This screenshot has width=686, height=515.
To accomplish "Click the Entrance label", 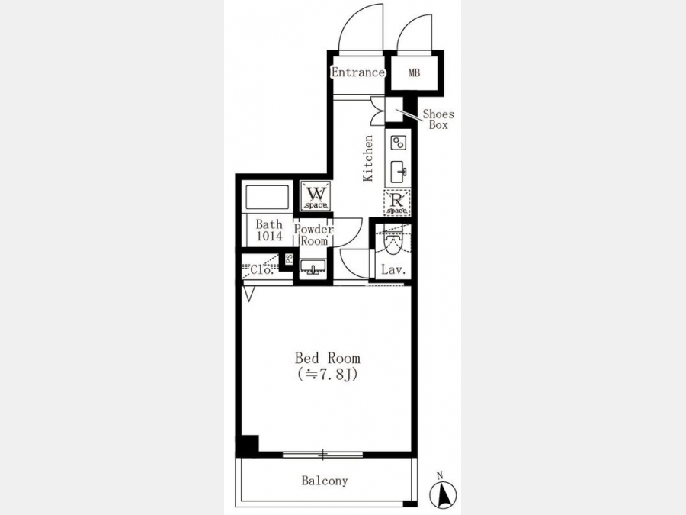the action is (x=358, y=72).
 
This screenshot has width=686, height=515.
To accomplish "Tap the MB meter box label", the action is (x=415, y=73).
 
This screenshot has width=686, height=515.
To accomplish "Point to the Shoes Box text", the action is (x=438, y=120).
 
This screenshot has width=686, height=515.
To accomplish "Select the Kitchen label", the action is (x=368, y=158).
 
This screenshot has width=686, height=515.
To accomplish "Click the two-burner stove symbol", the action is (x=398, y=143).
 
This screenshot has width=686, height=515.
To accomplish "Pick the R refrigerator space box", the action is (x=397, y=202).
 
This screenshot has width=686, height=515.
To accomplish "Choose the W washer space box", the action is (x=316, y=196).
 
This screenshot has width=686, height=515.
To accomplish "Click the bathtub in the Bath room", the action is (x=268, y=198).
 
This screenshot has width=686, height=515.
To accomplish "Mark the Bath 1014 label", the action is (x=269, y=230).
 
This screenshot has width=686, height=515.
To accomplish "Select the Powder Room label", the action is (x=314, y=235).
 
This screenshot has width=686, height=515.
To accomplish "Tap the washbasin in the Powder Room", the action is (x=313, y=266).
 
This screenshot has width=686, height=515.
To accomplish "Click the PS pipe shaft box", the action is (x=288, y=259).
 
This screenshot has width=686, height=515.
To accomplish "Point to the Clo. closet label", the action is (x=261, y=270).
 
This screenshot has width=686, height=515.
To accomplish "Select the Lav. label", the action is (x=394, y=270).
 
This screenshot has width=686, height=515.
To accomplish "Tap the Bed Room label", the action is (x=327, y=359).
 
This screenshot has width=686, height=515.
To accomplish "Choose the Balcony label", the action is (x=325, y=481).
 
